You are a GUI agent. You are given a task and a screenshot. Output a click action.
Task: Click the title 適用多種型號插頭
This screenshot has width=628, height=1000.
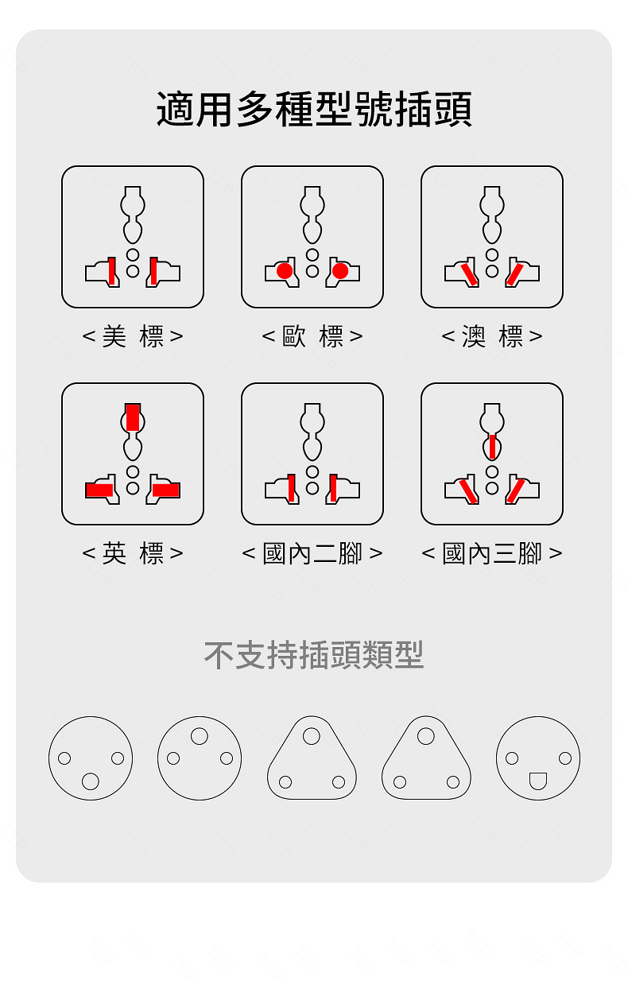pos(314,110)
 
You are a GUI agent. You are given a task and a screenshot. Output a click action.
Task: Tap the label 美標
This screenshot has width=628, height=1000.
pos(133,336)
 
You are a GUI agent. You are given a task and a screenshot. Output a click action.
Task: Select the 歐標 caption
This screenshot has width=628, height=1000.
pos(312,336)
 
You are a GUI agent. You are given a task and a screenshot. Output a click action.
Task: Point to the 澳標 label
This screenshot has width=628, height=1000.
pos(492,336)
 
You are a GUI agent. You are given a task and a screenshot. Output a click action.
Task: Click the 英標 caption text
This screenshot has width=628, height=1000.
pos(133,553)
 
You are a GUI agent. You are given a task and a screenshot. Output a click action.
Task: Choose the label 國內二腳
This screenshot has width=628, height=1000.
pos(312,553)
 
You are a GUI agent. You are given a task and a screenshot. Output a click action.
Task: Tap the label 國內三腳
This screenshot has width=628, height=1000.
pos(492,553)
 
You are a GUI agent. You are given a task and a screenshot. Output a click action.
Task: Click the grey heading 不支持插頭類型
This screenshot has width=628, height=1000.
pos(314,655)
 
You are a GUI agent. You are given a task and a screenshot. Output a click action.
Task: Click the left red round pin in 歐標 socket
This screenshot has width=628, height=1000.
pos(284,272)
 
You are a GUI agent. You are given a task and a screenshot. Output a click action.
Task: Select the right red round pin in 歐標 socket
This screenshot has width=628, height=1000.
pos(341,272)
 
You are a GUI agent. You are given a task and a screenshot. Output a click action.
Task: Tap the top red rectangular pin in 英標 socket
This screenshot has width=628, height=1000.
pos(133,417)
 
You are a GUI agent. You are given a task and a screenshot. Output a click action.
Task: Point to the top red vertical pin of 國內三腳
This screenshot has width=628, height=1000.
pos(492,447)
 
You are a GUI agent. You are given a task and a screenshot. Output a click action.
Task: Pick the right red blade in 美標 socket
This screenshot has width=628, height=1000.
pos(153,271)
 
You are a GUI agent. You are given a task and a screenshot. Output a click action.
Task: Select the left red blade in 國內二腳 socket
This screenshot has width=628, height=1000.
pos(292,488)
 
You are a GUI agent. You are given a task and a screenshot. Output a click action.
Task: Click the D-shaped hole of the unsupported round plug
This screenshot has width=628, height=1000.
pos(538,780)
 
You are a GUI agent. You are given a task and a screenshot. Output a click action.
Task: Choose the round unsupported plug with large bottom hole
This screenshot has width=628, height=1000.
pos(91,758)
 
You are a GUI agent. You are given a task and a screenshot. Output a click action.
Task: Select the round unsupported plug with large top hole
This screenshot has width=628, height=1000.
pos(200,758)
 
